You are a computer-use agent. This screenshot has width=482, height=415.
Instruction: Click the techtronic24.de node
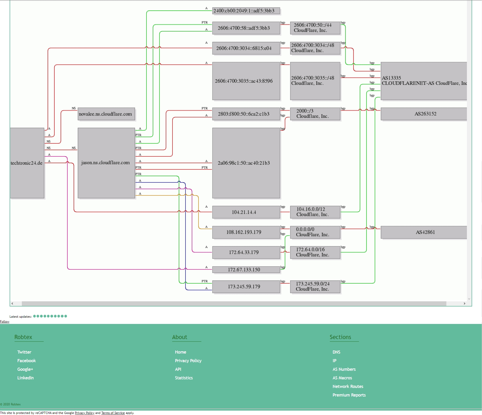[x=27, y=163]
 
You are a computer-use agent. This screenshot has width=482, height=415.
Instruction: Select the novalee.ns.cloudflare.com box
[x=106, y=114]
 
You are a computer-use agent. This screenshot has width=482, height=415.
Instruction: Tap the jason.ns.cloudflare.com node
[x=106, y=163]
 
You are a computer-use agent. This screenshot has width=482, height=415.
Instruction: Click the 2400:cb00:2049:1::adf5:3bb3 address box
[x=246, y=11]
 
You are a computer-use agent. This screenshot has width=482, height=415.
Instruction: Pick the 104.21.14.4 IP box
[x=246, y=212]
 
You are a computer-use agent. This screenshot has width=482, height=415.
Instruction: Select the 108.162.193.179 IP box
[x=246, y=232]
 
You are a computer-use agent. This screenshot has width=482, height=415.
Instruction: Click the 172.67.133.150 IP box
[x=246, y=270]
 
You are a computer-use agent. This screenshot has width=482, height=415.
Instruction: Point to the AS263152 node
[x=424, y=114]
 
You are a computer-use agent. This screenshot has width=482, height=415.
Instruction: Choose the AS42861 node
[x=424, y=232]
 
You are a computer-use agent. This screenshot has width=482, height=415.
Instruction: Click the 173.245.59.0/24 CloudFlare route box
[x=315, y=286]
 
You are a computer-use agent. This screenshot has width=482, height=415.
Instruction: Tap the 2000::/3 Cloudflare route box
[x=315, y=114]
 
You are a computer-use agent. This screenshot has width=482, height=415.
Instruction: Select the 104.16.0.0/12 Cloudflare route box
[x=315, y=212]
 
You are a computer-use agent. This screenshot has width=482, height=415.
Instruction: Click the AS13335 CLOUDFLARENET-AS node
[x=424, y=81]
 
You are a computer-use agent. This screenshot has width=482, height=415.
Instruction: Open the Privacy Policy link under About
[x=188, y=361]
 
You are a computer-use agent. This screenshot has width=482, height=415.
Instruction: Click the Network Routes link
[x=348, y=386]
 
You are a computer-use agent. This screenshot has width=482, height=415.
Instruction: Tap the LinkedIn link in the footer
[x=25, y=378]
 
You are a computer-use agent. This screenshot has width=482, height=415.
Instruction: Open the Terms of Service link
[x=113, y=413]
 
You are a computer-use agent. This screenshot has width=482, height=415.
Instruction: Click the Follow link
[x=5, y=322]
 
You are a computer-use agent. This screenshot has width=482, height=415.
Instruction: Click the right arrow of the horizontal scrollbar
[x=464, y=304]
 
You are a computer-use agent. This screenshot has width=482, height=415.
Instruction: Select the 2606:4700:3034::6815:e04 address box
[x=246, y=48]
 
